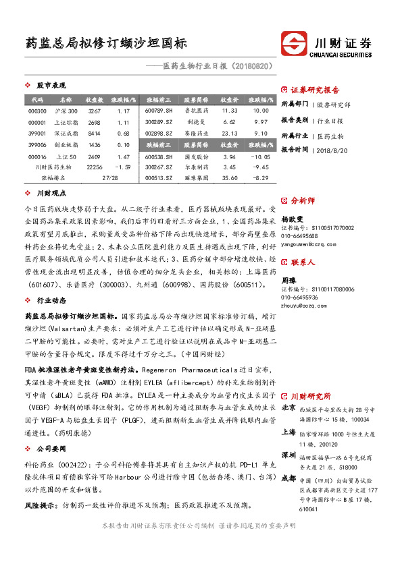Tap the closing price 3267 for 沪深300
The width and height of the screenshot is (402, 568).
pyautogui.click(x=95, y=111)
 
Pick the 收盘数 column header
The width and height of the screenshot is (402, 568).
pyautogui.click(x=95, y=99)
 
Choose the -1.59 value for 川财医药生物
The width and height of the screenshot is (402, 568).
pyautogui.click(x=122, y=167)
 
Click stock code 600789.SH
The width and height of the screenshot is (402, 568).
pyautogui.click(x=159, y=111)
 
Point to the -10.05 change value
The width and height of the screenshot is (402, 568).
pyautogui.click(x=260, y=156)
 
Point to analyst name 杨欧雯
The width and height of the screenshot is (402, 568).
pyautogui.click(x=291, y=219)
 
